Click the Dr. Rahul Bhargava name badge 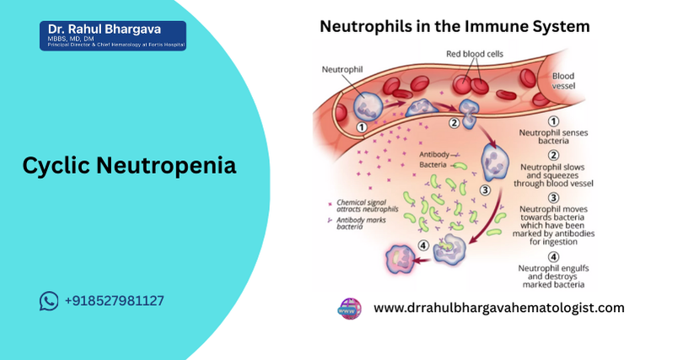[112, 35]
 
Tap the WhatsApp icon [49, 301]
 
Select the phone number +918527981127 [114, 301]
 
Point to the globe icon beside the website [349, 308]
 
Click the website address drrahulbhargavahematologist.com [498, 308]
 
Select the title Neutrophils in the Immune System [454, 26]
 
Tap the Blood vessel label [563, 80]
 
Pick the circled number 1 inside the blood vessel [361, 127]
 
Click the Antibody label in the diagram [433, 155]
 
